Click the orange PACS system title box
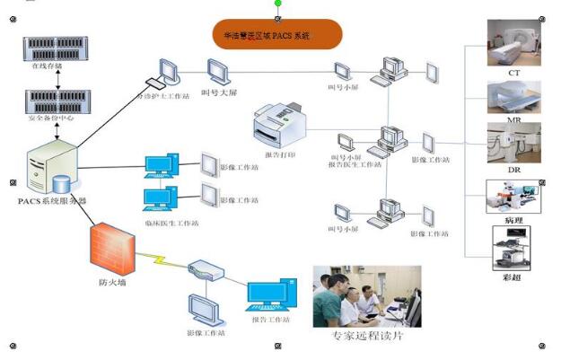click(x=278, y=35)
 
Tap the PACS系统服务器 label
click(x=51, y=200)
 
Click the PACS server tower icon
click(x=52, y=165)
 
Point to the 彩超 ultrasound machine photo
click(x=512, y=247)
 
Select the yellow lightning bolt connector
click(x=162, y=259)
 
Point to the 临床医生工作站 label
click(x=171, y=222)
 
